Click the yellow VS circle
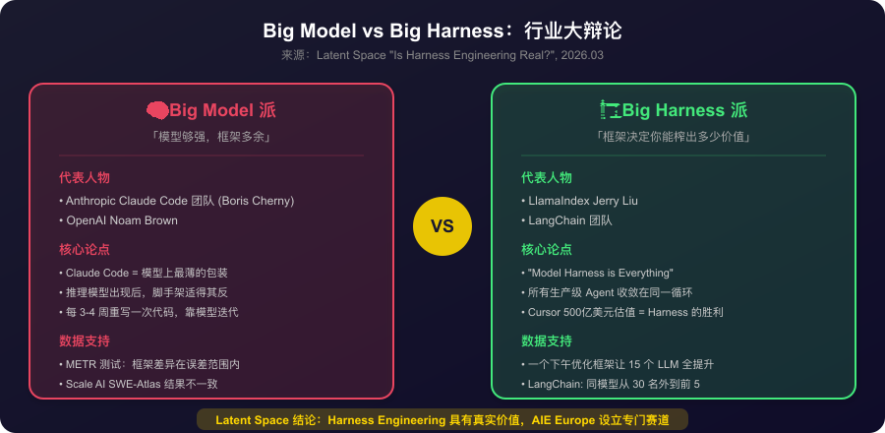click(442, 225)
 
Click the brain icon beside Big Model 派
click(157, 110)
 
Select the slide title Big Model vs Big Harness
click(442, 31)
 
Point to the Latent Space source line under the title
click(442, 56)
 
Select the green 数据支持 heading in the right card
click(547, 341)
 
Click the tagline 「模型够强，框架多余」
click(211, 137)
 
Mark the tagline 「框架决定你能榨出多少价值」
click(674, 137)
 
